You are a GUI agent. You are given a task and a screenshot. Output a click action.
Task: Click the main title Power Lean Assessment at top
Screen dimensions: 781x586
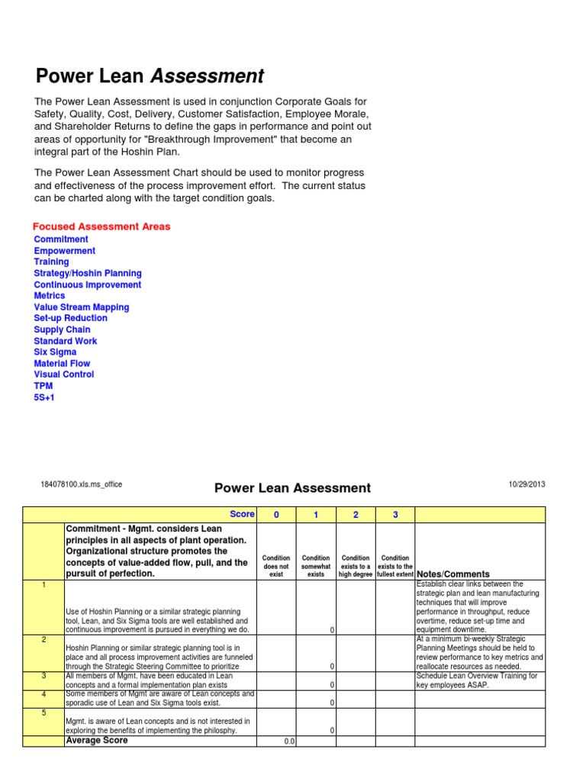[150, 76]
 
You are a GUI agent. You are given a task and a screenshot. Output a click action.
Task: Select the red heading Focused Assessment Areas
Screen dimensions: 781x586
[101, 227]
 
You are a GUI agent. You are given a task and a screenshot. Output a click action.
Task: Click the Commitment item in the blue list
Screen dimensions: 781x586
[61, 239]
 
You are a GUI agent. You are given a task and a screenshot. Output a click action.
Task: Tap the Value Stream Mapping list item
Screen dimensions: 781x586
[82, 307]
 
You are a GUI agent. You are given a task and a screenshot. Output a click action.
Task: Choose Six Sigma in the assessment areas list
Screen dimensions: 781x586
[55, 352]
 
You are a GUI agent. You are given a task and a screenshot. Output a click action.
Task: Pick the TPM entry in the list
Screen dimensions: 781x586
[43, 386]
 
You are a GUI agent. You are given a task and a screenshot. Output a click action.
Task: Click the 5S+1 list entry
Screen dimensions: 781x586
[44, 397]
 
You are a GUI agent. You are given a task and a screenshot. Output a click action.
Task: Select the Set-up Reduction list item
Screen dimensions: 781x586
[70, 318]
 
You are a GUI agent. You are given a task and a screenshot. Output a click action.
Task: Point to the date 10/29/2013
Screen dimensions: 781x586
[526, 484]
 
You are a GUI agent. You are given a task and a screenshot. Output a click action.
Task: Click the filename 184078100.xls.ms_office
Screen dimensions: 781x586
[81, 484]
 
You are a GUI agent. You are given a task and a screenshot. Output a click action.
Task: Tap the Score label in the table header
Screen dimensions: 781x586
[242, 515]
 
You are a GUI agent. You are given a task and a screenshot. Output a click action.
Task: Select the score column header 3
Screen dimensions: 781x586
[395, 515]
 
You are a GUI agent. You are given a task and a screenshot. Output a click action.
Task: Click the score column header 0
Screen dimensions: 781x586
[276, 515]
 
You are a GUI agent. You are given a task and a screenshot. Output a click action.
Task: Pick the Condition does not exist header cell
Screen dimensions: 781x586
[276, 566]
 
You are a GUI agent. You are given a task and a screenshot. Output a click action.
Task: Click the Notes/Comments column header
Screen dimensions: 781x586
[453, 574]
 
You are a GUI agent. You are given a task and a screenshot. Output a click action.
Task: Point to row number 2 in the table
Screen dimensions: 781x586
[43, 640]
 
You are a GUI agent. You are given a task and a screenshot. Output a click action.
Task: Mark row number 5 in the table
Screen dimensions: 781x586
[43, 712]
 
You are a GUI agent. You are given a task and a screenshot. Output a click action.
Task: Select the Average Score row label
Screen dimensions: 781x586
[97, 741]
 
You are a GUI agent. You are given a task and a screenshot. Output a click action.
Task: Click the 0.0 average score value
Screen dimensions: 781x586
[289, 741]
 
